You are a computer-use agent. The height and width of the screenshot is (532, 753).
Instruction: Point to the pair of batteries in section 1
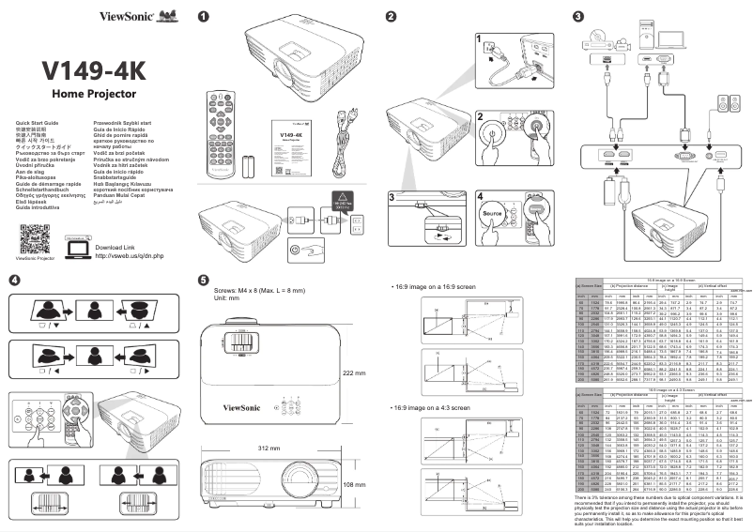[249, 167]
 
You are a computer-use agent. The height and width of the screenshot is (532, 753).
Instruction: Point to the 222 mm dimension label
[353, 373]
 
